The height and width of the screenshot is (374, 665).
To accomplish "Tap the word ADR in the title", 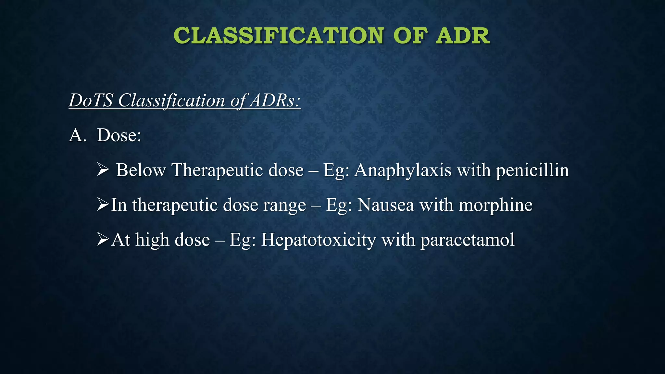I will point(462,36).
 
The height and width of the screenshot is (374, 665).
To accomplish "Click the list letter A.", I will point(77,135).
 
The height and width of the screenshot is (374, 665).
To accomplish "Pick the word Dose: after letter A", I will point(119,135).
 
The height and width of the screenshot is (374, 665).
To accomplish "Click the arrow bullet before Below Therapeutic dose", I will point(103,170).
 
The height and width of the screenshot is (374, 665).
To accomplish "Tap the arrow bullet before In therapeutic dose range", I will point(103,205).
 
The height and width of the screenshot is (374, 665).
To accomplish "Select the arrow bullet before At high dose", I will point(103,240).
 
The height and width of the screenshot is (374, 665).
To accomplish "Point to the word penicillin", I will point(532,170).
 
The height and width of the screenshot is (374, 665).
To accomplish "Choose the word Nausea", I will point(385,205).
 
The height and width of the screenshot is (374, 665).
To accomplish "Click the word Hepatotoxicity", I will point(318,240).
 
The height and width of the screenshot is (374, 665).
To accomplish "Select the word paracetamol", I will point(468,240).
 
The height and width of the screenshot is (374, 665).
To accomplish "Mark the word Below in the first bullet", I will point(141,170).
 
